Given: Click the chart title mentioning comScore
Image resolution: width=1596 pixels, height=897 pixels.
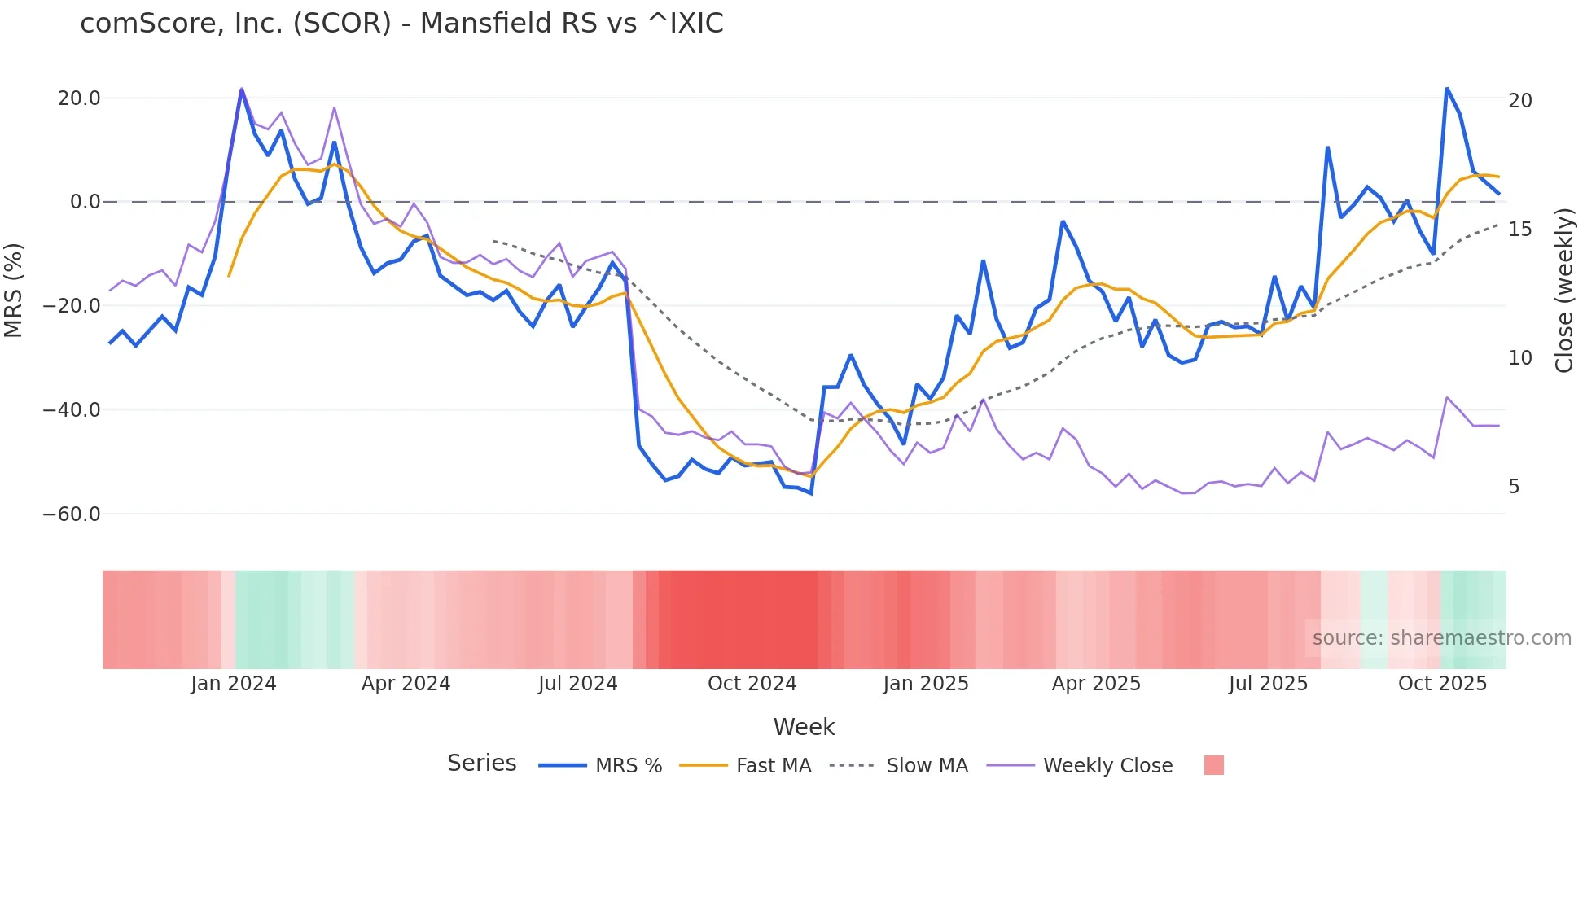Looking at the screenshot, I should (401, 24).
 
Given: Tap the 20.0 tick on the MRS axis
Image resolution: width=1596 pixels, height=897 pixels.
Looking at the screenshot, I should (79, 98).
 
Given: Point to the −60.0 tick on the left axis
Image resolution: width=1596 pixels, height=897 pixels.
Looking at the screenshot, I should (72, 514).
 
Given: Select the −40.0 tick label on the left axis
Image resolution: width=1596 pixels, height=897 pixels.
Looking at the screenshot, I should (72, 410).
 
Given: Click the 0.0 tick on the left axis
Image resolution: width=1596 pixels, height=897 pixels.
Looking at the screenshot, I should (85, 202).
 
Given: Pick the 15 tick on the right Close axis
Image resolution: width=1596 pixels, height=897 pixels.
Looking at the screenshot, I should (1519, 230).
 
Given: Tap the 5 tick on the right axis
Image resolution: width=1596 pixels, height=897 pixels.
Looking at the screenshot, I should (1514, 487).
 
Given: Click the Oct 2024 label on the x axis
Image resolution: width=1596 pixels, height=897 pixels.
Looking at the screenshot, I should (752, 684).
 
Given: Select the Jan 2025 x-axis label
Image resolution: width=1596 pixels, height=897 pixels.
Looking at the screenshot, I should (926, 684).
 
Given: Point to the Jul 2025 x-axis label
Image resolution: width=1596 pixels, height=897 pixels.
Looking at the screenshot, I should (1268, 684).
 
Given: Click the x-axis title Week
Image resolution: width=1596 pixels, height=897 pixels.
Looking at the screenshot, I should (804, 727).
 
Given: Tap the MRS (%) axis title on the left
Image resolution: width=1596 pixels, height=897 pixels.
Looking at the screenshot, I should (14, 291).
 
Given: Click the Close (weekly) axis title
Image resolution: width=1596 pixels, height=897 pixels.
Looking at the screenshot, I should (1564, 291).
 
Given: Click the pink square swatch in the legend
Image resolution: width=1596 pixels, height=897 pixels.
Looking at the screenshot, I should (1213, 765).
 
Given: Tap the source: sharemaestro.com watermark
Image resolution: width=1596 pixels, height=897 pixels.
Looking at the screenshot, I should (1441, 638).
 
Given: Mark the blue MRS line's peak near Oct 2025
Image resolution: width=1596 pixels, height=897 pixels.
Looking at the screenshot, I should (1447, 88).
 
